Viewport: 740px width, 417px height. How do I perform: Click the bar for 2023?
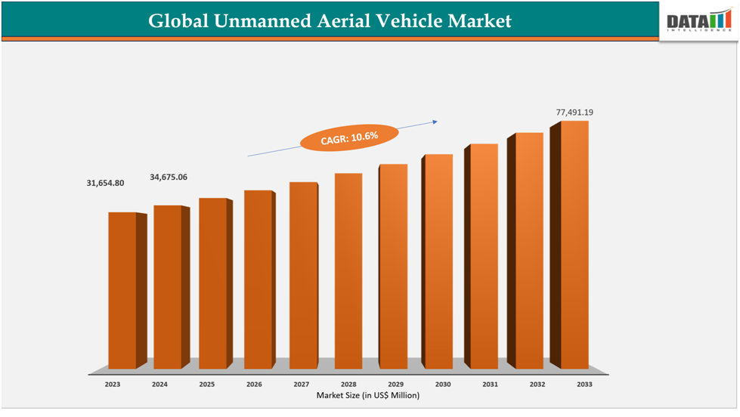tap(122, 291)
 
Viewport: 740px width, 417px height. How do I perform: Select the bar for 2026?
tap(258, 280)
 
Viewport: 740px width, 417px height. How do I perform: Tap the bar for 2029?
tap(393, 267)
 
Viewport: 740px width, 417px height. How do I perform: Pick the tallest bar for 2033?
tap(574, 245)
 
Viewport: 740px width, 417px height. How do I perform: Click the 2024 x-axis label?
tap(159, 385)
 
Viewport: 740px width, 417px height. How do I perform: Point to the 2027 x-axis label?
tap(301, 385)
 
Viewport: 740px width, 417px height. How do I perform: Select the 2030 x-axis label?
tap(443, 385)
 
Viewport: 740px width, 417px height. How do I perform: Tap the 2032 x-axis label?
tap(537, 385)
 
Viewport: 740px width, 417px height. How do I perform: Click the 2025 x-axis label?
tap(206, 385)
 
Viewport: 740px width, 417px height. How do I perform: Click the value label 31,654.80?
tap(105, 184)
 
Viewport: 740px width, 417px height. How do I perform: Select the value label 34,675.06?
tap(169, 177)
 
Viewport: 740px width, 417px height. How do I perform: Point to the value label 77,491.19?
tap(574, 113)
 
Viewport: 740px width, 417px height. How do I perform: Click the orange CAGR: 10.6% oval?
tap(349, 137)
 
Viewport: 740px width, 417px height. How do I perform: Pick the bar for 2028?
tap(348, 271)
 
